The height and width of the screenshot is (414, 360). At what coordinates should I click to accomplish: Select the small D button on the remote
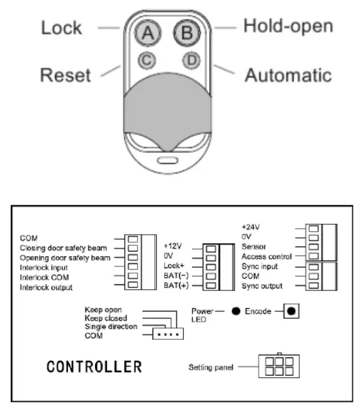[191, 61]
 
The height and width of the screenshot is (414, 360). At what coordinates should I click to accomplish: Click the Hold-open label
[288, 27]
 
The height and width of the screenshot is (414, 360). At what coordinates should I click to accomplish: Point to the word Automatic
[288, 75]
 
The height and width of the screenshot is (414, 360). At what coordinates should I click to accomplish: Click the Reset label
[65, 75]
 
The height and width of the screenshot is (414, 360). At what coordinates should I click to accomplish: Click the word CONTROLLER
[94, 367]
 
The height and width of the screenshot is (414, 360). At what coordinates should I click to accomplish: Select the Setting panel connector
[280, 366]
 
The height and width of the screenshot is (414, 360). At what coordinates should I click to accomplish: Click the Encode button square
[291, 312]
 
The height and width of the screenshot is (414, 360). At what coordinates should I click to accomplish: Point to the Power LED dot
[235, 312]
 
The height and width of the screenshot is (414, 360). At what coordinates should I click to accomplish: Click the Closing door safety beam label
[63, 248]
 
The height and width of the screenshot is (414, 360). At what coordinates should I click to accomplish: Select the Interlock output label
[46, 287]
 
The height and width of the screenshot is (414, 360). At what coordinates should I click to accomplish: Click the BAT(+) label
[176, 287]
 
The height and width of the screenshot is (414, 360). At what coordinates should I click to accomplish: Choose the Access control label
[266, 257]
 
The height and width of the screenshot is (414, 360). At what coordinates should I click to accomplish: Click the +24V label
[251, 226]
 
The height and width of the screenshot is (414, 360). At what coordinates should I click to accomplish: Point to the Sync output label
[261, 287]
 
